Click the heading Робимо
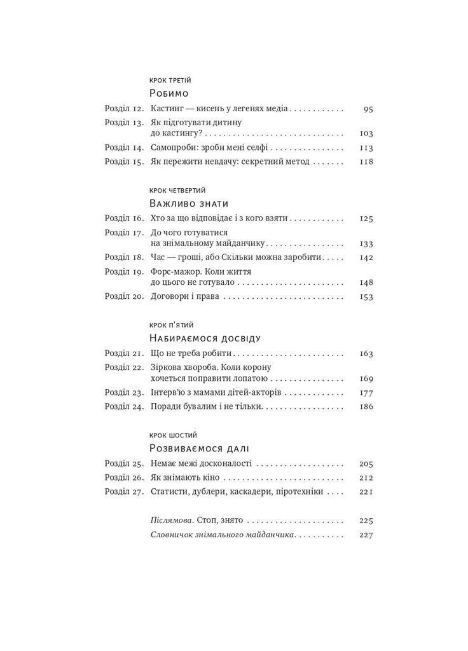170,93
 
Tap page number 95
368,109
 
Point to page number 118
366,161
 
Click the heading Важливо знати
188,203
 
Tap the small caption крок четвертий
178,190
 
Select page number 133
366,243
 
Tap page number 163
366,353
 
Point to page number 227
366,535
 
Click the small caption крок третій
170,80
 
